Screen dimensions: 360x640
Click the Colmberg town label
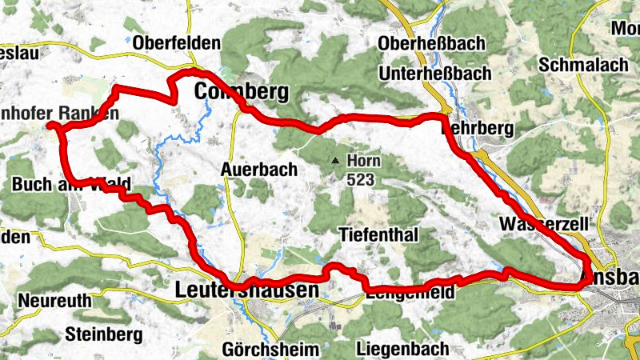tap(241, 93)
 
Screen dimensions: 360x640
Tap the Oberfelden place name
tap(166, 42)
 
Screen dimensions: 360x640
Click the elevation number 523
tap(362, 180)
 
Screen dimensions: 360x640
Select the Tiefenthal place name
tap(379, 235)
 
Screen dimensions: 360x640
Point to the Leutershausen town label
tap(246, 291)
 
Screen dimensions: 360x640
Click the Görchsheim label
tap(270, 350)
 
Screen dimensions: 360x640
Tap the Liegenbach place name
tap(402, 350)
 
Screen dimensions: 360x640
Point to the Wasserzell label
tap(544, 223)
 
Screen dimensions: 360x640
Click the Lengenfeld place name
tap(409, 293)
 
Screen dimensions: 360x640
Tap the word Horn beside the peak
tap(364, 162)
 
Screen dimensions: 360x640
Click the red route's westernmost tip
tap(49, 126)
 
